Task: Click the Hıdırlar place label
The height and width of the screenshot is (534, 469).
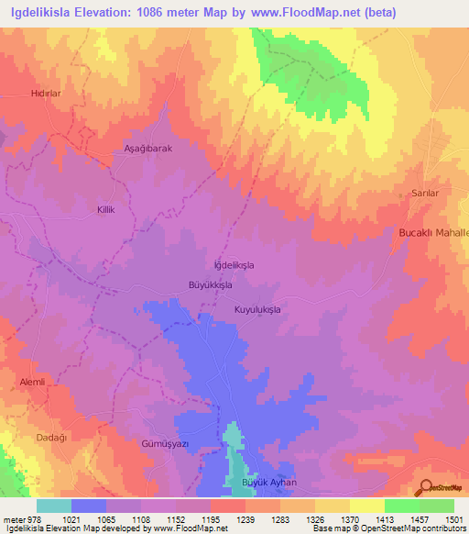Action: point(45,95)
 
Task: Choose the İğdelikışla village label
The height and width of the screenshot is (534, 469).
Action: point(234,264)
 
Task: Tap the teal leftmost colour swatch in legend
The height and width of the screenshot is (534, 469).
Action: point(53,506)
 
